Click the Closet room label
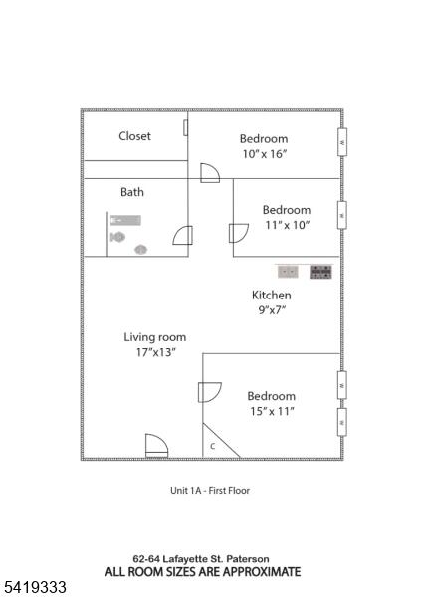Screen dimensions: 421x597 pyautogui.click(x=134, y=136)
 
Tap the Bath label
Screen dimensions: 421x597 pyautogui.click(x=132, y=191)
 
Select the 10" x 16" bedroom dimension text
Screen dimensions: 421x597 pyautogui.click(x=265, y=154)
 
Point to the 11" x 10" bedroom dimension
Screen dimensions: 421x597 pyautogui.click(x=288, y=225)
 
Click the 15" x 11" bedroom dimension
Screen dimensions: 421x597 pyautogui.click(x=272, y=411)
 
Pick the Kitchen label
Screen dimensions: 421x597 pyautogui.click(x=272, y=296)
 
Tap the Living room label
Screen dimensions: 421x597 pyautogui.click(x=154, y=337)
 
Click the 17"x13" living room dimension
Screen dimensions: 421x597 pyautogui.click(x=156, y=352)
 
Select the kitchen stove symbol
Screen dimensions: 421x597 pyautogui.click(x=320, y=272)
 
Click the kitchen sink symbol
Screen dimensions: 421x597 pyautogui.click(x=288, y=272)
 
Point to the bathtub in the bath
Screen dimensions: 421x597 pyautogui.click(x=125, y=220)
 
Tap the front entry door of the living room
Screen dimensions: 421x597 pyautogui.click(x=156, y=445)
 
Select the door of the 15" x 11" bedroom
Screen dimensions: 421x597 pyautogui.click(x=210, y=392)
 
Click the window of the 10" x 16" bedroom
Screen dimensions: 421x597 pyautogui.click(x=342, y=142)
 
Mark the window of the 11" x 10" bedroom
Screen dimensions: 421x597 pyautogui.click(x=342, y=215)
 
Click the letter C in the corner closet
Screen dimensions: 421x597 pyautogui.click(x=213, y=446)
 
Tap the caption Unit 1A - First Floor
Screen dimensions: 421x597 pyautogui.click(x=210, y=490)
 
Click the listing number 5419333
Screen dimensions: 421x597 pyautogui.click(x=35, y=587)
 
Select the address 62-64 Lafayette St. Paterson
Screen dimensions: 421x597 pyautogui.click(x=201, y=559)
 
